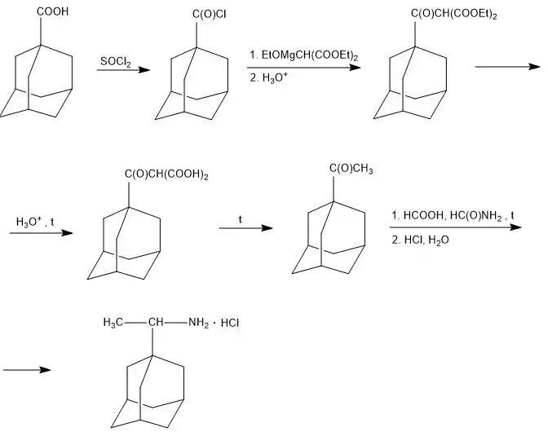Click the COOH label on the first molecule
(x=52, y=12)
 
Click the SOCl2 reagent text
(x=116, y=61)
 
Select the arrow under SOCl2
(x=123, y=71)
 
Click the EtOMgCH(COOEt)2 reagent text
(x=306, y=55)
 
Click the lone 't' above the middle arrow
(x=241, y=219)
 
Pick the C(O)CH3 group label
(x=351, y=169)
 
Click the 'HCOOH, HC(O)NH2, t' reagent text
(x=453, y=214)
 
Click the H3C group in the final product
(x=114, y=324)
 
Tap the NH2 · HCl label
(x=214, y=324)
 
